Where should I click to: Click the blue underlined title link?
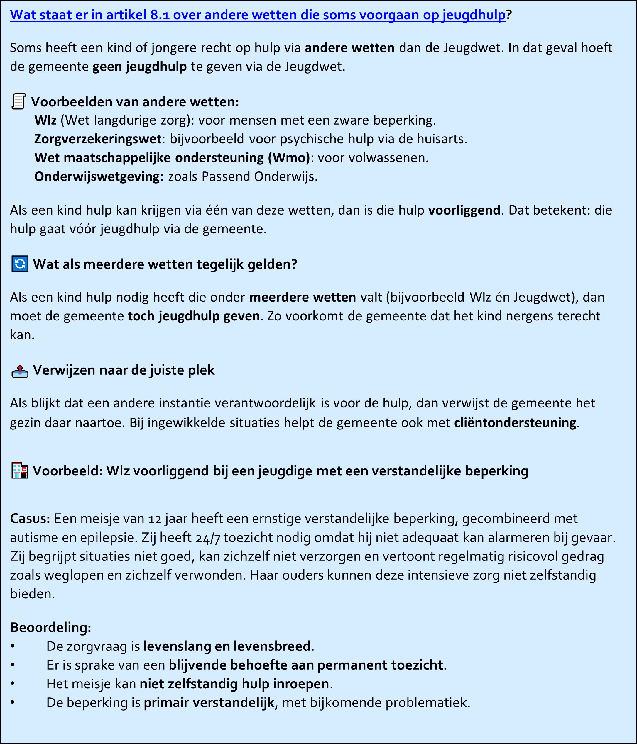coord(257,15)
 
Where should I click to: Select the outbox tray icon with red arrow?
coord(20,371)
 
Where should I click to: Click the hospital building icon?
coord(20,471)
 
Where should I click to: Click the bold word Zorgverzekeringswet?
coord(98,139)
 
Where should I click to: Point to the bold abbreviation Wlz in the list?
coord(45,120)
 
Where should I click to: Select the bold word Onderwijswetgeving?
coord(97,177)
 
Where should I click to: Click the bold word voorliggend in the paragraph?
coord(464,210)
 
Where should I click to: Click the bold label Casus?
coord(30,519)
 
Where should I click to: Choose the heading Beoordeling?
coord(51,627)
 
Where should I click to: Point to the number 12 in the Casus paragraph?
coord(155,519)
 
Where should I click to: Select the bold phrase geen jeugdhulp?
coord(139,67)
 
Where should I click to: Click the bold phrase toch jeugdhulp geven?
coord(194,316)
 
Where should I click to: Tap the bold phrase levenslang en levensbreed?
coord(227,646)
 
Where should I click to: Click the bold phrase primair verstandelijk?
coord(209,702)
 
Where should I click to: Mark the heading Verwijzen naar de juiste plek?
coord(124,370)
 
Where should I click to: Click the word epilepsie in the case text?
coord(108,538)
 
